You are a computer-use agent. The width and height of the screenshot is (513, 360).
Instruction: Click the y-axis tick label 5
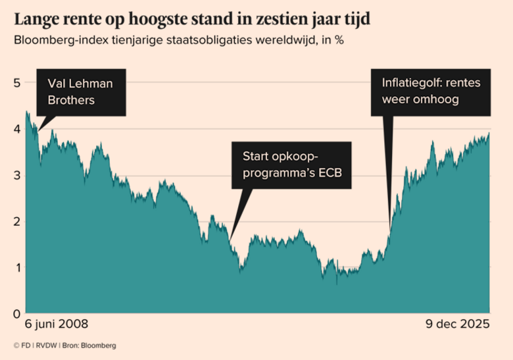click(16, 82)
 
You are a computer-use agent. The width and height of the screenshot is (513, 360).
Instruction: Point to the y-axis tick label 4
click(16, 129)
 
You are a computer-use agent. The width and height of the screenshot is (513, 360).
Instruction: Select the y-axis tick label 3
click(16, 175)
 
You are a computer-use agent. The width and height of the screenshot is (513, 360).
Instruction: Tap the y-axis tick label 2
click(16, 221)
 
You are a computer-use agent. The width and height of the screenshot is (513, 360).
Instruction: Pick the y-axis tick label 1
click(16, 267)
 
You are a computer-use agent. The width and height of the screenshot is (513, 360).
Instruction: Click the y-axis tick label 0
click(16, 313)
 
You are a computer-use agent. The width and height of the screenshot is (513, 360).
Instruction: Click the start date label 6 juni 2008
click(56, 324)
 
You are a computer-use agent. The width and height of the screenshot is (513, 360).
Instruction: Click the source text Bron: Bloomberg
click(89, 346)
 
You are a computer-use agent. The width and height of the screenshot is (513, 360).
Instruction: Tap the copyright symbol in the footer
click(16, 346)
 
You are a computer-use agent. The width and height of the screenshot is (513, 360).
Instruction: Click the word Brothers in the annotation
click(71, 100)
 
